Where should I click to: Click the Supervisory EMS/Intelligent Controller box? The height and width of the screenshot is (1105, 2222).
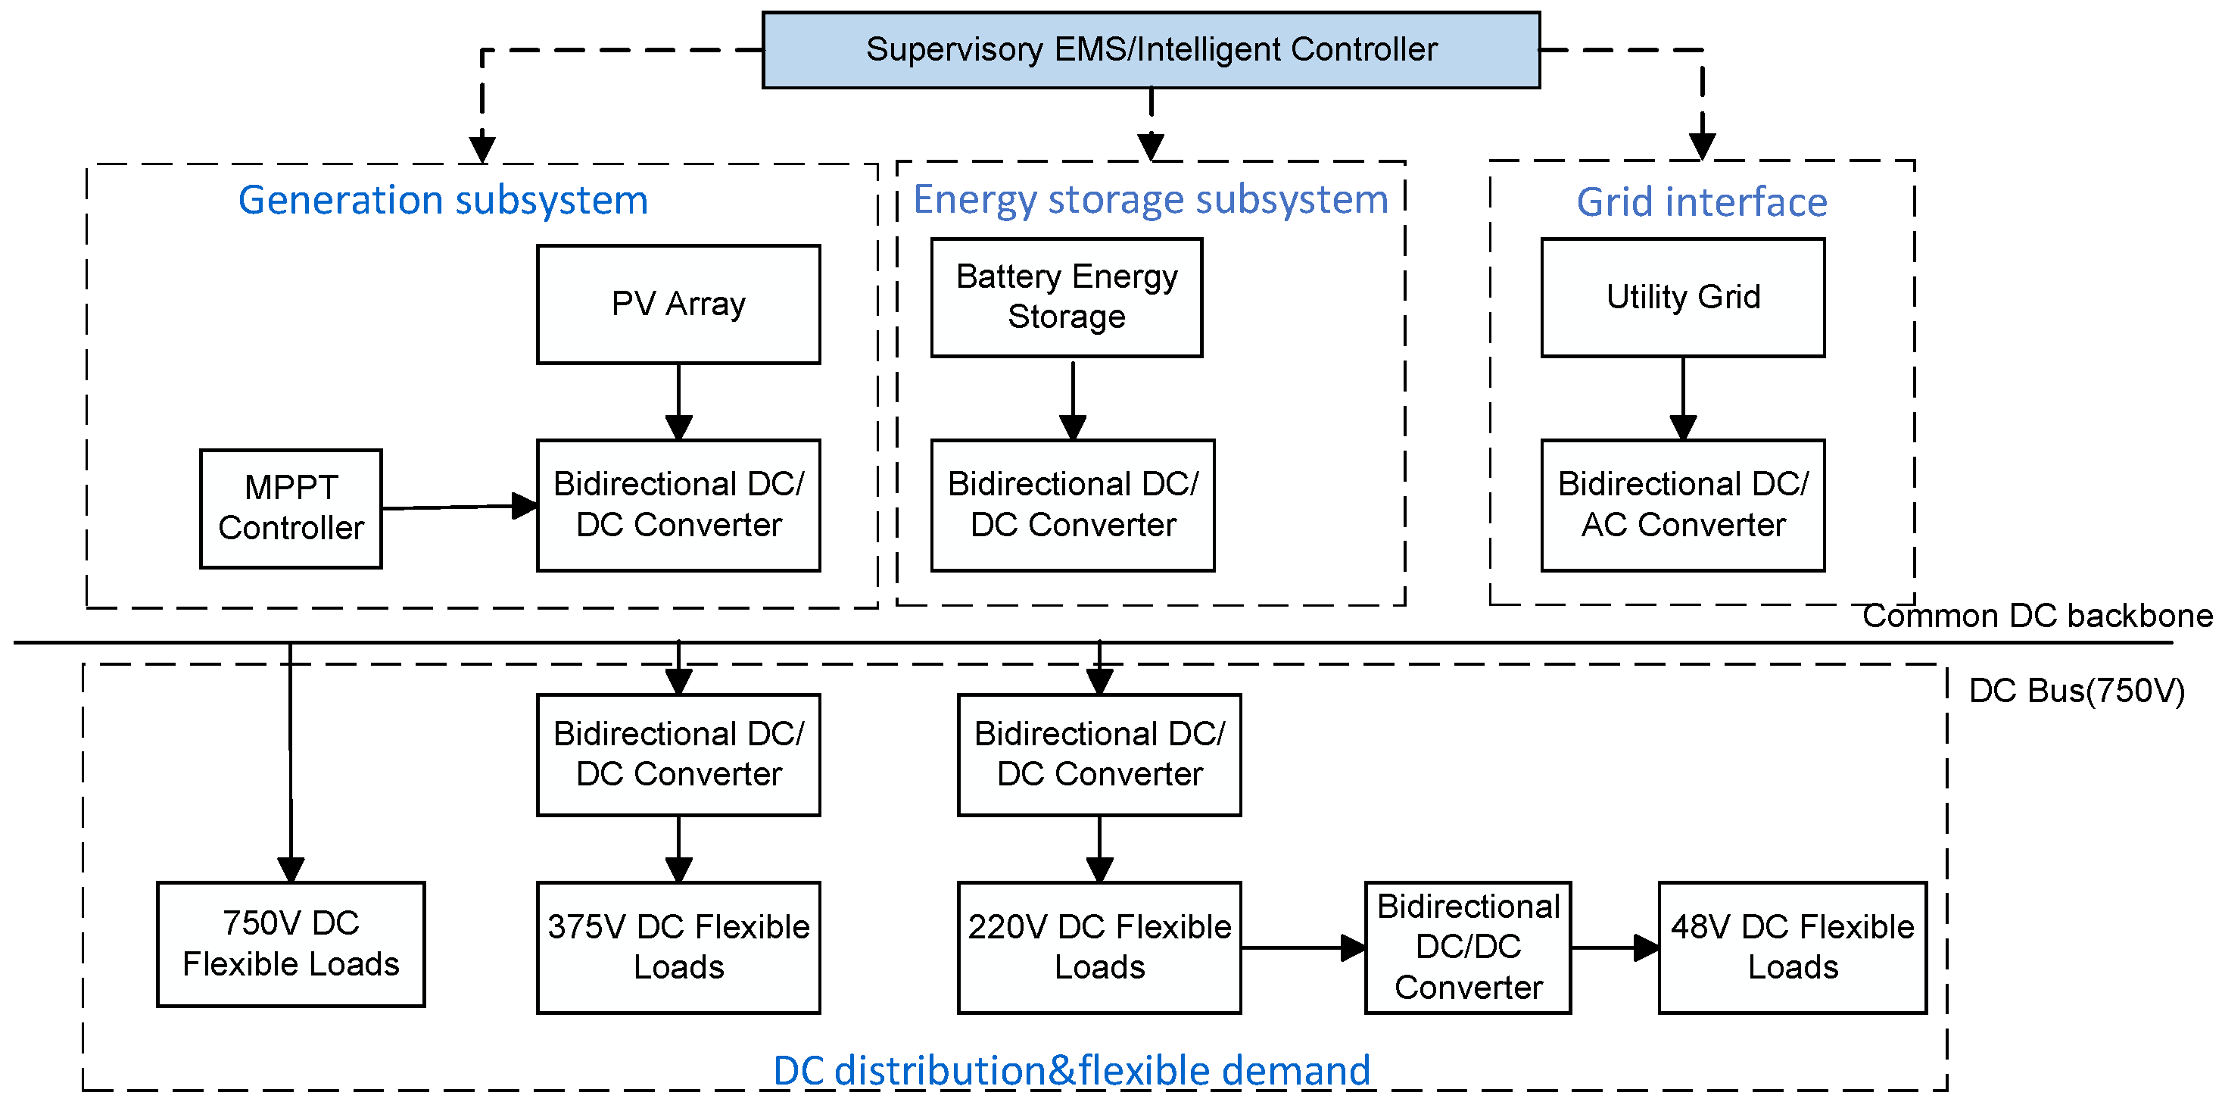coord(1151,50)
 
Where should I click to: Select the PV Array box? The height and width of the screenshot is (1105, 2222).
coord(678,304)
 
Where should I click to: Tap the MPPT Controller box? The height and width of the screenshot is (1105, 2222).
coord(291,508)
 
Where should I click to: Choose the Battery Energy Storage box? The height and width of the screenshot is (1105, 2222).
coord(1066,298)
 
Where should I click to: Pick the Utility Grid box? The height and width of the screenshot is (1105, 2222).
coord(1682,298)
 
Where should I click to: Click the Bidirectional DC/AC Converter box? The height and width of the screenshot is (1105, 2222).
coord(1682,504)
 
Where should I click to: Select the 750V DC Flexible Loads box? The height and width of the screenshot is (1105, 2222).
coord(291,944)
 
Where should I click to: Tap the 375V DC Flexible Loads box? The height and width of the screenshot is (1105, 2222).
coord(678,947)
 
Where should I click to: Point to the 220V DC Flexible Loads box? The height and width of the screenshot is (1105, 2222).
coord(1099,947)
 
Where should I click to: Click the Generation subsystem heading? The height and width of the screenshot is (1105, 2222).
coord(442,200)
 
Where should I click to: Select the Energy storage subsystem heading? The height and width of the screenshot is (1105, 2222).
coord(1151,200)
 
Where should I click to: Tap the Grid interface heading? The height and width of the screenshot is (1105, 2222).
coord(1701,203)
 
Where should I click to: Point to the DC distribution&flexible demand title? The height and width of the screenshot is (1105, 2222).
coord(1071,1070)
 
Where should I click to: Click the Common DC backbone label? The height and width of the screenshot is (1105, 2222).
coord(2037,616)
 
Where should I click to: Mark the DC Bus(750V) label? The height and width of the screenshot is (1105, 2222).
coord(2076,691)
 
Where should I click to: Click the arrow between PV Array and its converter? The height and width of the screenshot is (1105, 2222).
coord(678,402)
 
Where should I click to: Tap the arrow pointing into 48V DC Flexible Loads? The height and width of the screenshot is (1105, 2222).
coord(1614,947)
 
